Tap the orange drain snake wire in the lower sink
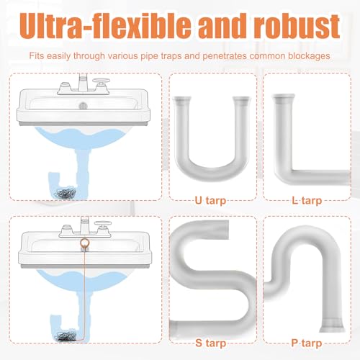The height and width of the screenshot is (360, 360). click(x=87, y=288)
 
